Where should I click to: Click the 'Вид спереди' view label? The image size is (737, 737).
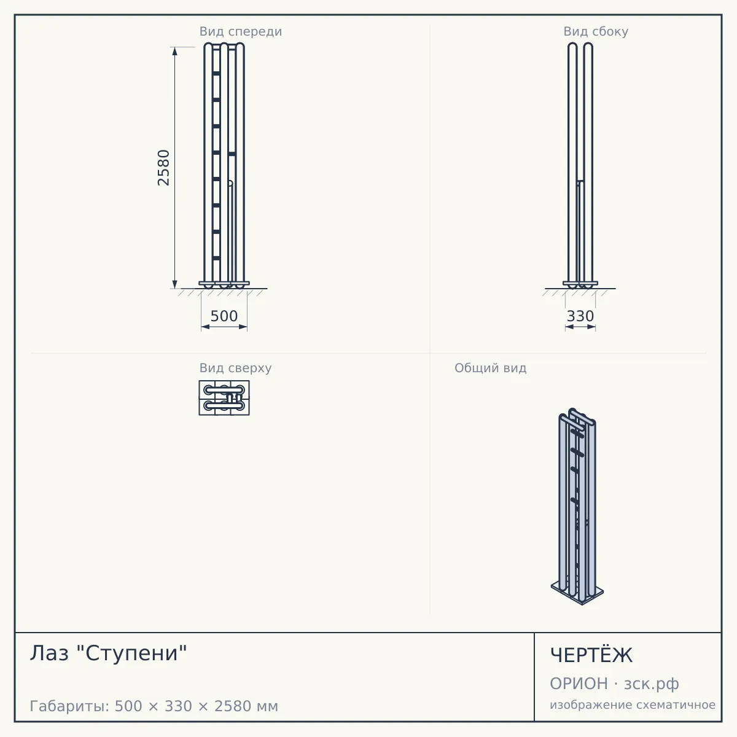coord(241,31)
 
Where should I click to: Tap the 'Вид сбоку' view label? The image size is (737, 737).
coord(596,31)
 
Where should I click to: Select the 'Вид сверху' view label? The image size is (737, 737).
coord(235,368)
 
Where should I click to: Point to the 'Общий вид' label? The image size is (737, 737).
coord(490,368)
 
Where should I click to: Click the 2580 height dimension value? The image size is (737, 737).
coord(163,168)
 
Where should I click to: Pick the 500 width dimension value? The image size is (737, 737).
coord(224,316)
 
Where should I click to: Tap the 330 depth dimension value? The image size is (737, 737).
coord(580,316)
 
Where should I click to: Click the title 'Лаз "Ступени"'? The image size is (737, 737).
coord(109,653)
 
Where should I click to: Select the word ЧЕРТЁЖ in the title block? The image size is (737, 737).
coord(591,655)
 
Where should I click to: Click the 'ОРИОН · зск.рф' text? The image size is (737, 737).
coord(614,684)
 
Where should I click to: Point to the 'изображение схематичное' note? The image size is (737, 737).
coord(633,704)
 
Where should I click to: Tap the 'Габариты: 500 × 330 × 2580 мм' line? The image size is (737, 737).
coord(154,706)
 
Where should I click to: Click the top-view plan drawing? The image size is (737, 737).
coord(224,398)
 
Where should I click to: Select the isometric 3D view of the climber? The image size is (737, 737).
coord(577,506)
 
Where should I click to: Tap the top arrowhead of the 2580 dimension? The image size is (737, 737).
coord(175,51)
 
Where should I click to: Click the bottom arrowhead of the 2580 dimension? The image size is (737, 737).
coord(175,284)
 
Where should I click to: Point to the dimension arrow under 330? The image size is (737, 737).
coord(580,327)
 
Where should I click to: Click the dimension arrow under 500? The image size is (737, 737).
coord(224,327)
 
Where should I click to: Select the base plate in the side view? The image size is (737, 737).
coord(580,283)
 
